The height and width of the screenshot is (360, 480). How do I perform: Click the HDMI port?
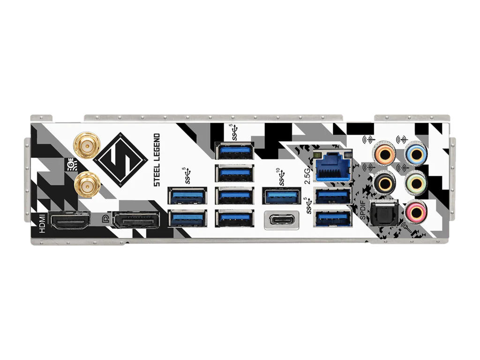click(x=70, y=220)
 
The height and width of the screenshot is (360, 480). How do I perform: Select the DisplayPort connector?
click(x=136, y=220)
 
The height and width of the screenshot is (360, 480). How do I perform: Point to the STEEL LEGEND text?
click(x=157, y=160)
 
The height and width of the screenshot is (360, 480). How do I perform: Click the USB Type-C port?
click(x=281, y=220)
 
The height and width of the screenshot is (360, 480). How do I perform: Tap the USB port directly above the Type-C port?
click(x=281, y=195)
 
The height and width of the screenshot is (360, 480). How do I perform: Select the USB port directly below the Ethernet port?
click(x=333, y=195)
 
